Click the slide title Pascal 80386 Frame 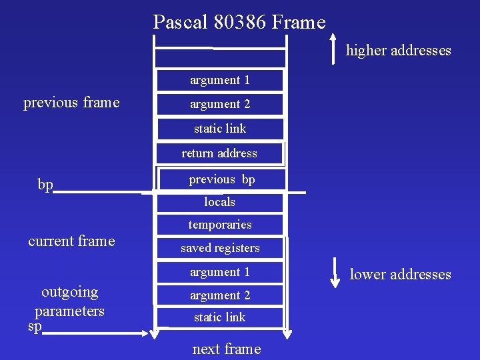click(239, 23)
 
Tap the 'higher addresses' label click(398, 51)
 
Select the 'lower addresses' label click(400, 275)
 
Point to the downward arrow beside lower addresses click(334, 274)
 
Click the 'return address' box click(219, 153)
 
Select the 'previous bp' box click(221, 179)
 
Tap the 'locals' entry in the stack click(219, 202)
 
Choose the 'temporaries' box click(219, 225)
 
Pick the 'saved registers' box click(219, 248)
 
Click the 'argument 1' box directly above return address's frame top click(219, 80)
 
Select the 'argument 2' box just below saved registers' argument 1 click(219, 295)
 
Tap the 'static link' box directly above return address click(219, 129)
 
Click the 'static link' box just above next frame click(219, 317)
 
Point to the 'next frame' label click(226, 349)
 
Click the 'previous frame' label click(71, 103)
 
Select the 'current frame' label click(71, 241)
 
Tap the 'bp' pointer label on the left click(45, 185)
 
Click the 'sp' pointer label click(35, 327)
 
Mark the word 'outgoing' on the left click(69, 292)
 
